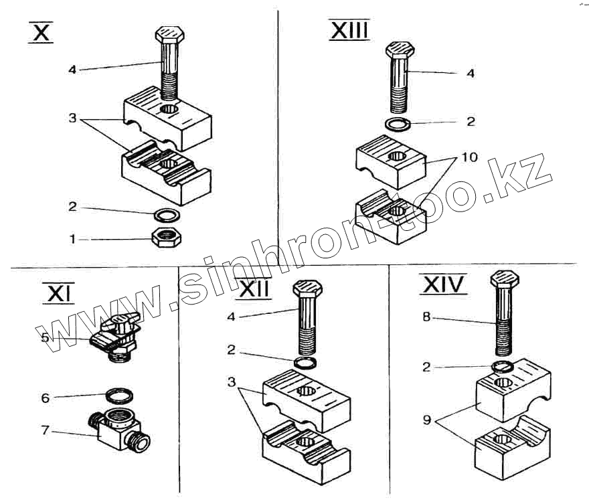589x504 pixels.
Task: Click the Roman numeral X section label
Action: click(41, 33)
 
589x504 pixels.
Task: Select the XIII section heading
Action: click(349, 30)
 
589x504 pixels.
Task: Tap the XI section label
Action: click(58, 292)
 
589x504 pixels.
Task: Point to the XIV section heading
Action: click(442, 285)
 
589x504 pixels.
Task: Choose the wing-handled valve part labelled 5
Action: click(117, 335)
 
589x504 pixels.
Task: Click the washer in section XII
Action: click(307, 362)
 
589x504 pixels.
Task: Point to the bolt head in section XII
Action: click(307, 288)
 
